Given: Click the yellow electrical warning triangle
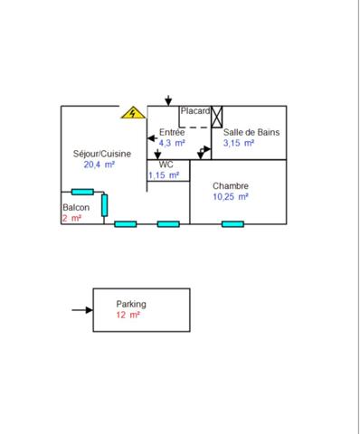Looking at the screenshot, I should click(x=133, y=113).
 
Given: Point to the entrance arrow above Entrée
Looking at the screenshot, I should click(x=168, y=99).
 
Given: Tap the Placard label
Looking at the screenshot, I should click(x=194, y=111).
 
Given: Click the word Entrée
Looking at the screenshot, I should click(x=173, y=132).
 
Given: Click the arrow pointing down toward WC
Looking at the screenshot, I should click(x=158, y=155).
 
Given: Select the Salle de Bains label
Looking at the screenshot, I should click(x=251, y=132).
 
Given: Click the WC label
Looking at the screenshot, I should click(x=166, y=165).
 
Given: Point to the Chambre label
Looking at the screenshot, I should click(x=231, y=185).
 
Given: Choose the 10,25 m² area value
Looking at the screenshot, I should click(x=231, y=196).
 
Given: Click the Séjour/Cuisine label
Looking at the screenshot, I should click(x=102, y=154).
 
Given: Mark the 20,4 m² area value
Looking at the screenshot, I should click(x=99, y=165).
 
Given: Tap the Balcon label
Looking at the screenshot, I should click(x=76, y=208).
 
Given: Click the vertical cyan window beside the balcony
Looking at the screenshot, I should click(x=105, y=205).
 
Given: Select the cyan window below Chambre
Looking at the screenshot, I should click(x=232, y=223).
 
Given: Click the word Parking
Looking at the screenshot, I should click(x=131, y=305).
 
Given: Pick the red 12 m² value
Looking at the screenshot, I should click(x=128, y=316).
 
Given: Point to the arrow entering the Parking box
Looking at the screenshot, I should click(x=82, y=310).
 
